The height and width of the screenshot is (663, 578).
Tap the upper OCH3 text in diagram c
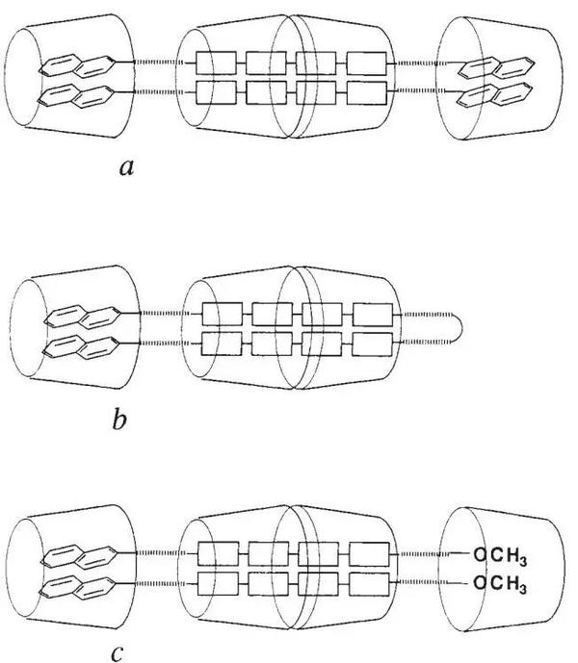click(503, 553)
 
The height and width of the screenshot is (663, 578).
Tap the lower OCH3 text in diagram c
click(503, 582)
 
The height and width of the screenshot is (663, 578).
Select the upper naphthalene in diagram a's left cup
click(81, 66)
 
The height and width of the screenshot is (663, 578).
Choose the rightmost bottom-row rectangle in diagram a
click(366, 92)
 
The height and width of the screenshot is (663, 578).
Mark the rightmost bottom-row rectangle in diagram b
click(373, 344)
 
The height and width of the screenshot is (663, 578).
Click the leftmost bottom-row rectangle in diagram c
click(217, 582)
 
